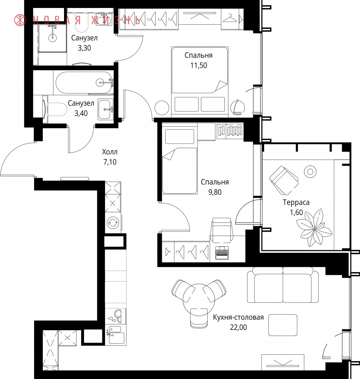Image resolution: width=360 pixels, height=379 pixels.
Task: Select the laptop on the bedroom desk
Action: click(222, 252)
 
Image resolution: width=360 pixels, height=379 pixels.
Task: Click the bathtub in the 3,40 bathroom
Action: click(84, 82)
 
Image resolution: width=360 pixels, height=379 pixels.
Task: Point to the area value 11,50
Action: click(199, 66)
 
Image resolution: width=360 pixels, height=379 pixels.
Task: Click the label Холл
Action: click(110, 152)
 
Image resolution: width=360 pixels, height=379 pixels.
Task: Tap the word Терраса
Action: click(296, 202)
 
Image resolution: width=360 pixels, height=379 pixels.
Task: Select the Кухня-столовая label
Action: click(238, 317)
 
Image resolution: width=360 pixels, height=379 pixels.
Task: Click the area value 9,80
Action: click(215, 192)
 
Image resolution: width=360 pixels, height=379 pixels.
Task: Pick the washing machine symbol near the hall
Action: click(113, 222)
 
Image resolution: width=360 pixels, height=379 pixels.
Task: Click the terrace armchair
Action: click(284, 180)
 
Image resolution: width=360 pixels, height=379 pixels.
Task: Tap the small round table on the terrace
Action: click(310, 172)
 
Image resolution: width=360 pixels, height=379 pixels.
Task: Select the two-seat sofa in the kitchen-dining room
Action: click(283, 285)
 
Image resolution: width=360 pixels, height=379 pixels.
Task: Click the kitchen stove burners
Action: click(116, 316)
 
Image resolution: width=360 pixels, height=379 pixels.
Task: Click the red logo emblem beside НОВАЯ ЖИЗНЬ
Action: click(20, 20)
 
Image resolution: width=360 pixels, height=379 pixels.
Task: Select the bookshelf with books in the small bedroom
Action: click(230, 131)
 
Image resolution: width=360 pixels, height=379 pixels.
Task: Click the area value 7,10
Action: click(110, 162)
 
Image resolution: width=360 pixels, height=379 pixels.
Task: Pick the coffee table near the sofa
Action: click(283, 325)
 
